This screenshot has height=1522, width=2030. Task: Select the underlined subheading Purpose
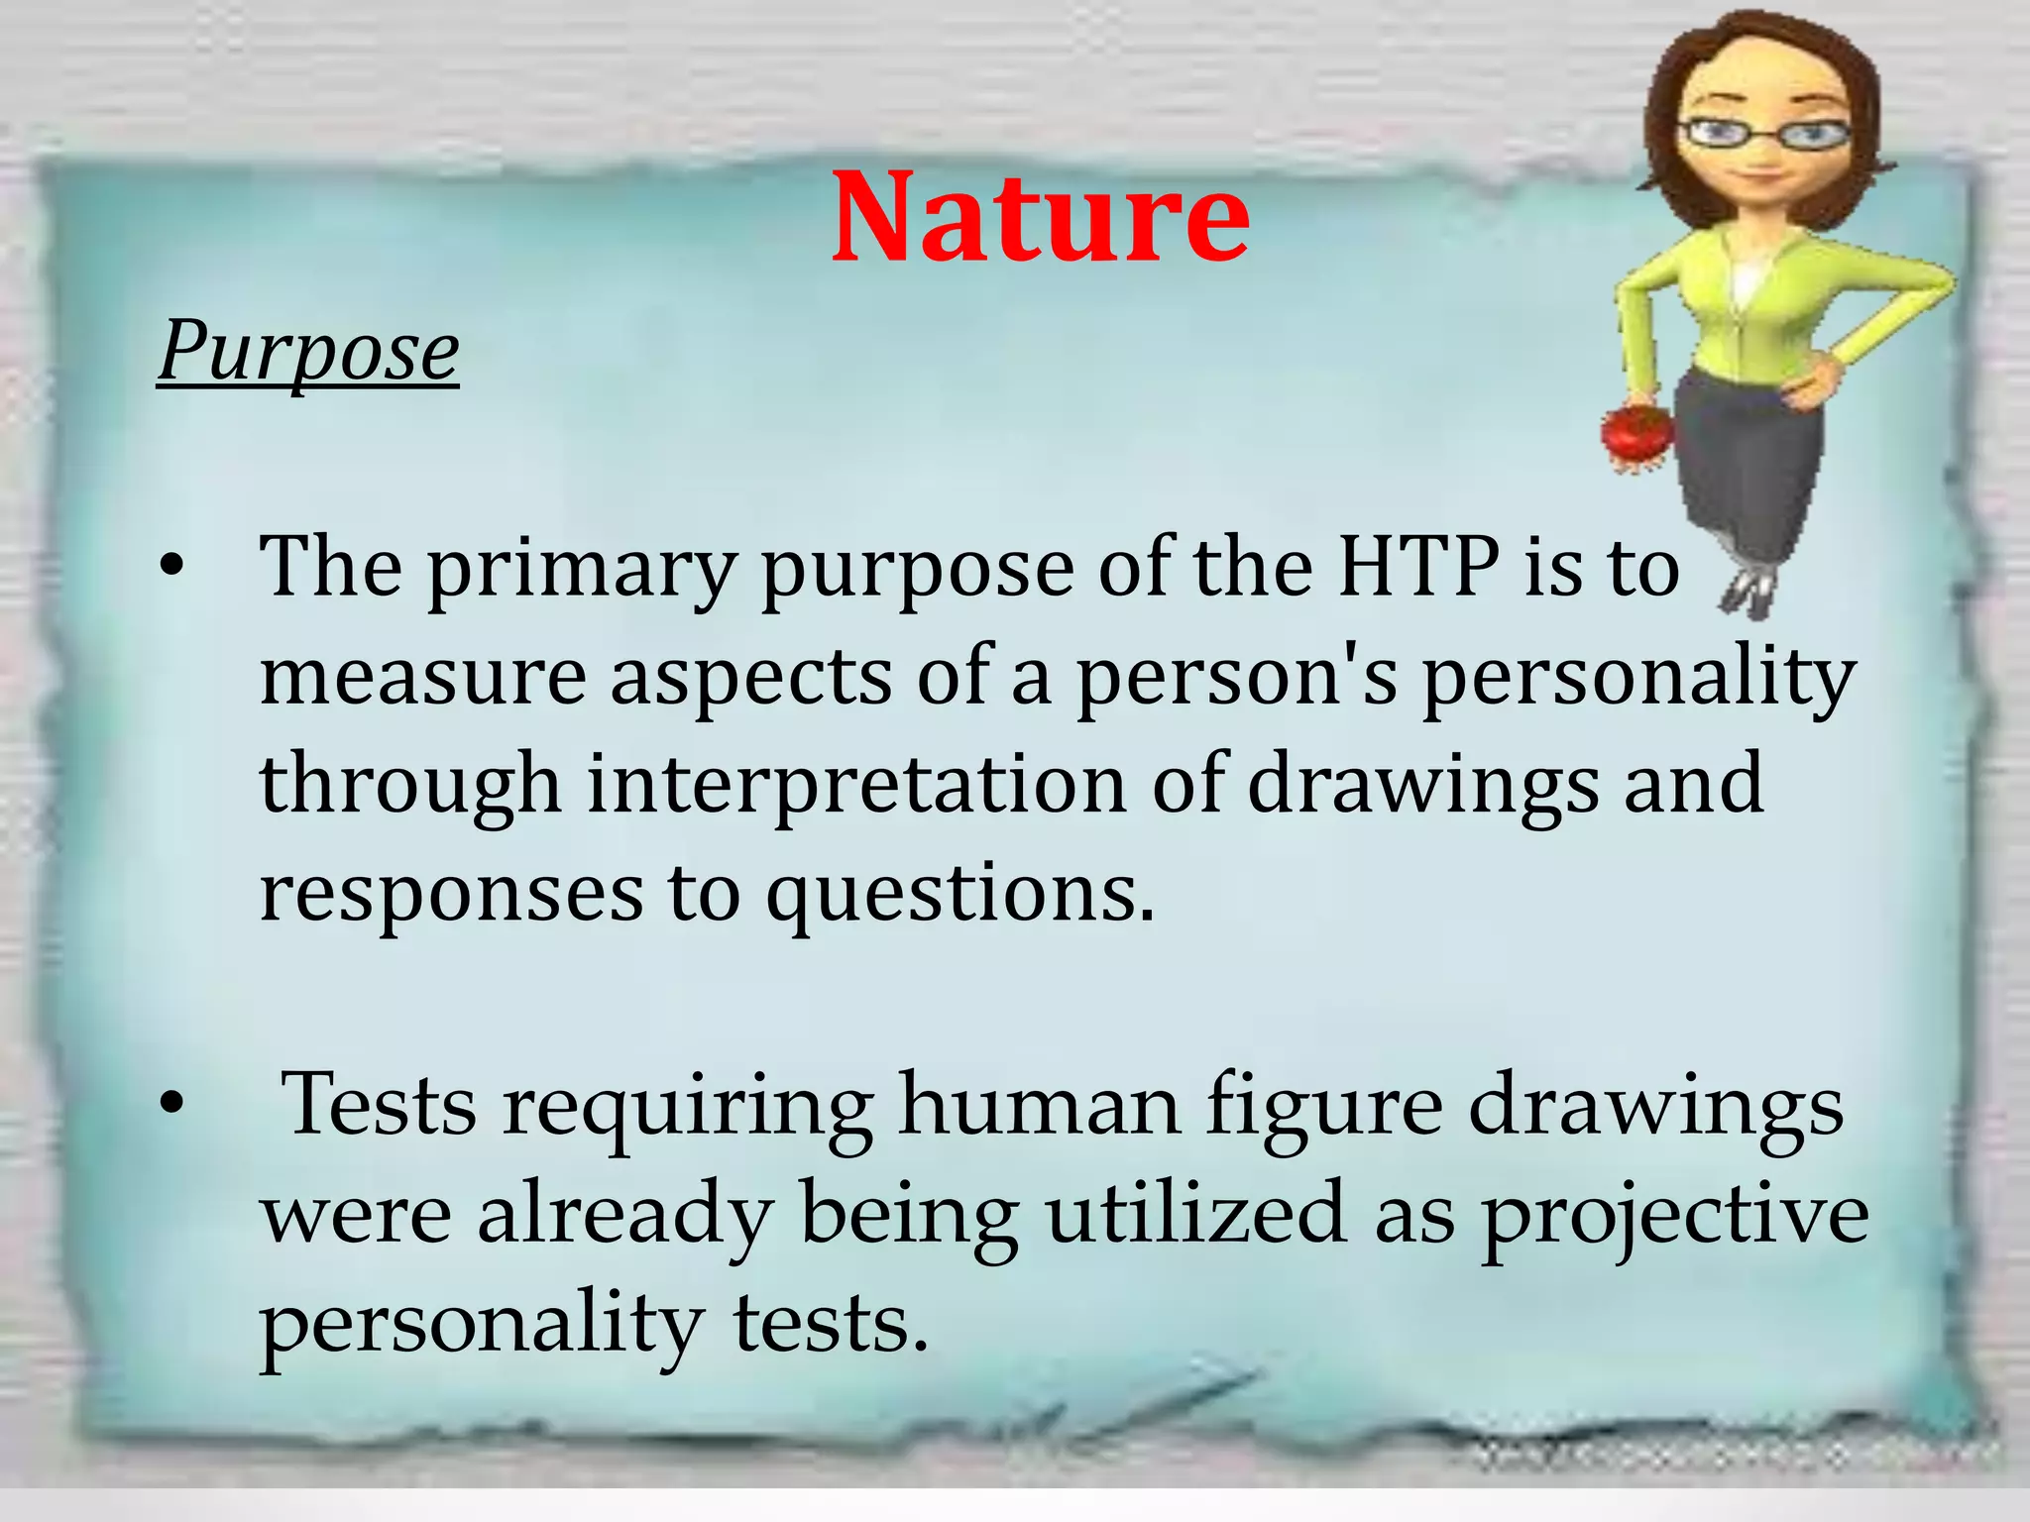pos(308,352)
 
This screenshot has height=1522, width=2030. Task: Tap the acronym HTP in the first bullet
pos(1417,567)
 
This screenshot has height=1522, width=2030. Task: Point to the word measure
pos(422,678)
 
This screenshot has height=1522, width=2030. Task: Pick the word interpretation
pos(857,785)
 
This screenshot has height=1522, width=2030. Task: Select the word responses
pos(450,895)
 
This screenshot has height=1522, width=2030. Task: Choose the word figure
pos(1323,1108)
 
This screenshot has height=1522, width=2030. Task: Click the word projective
pos(1674,1217)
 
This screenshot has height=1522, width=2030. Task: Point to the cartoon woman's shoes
pos(1749,594)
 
